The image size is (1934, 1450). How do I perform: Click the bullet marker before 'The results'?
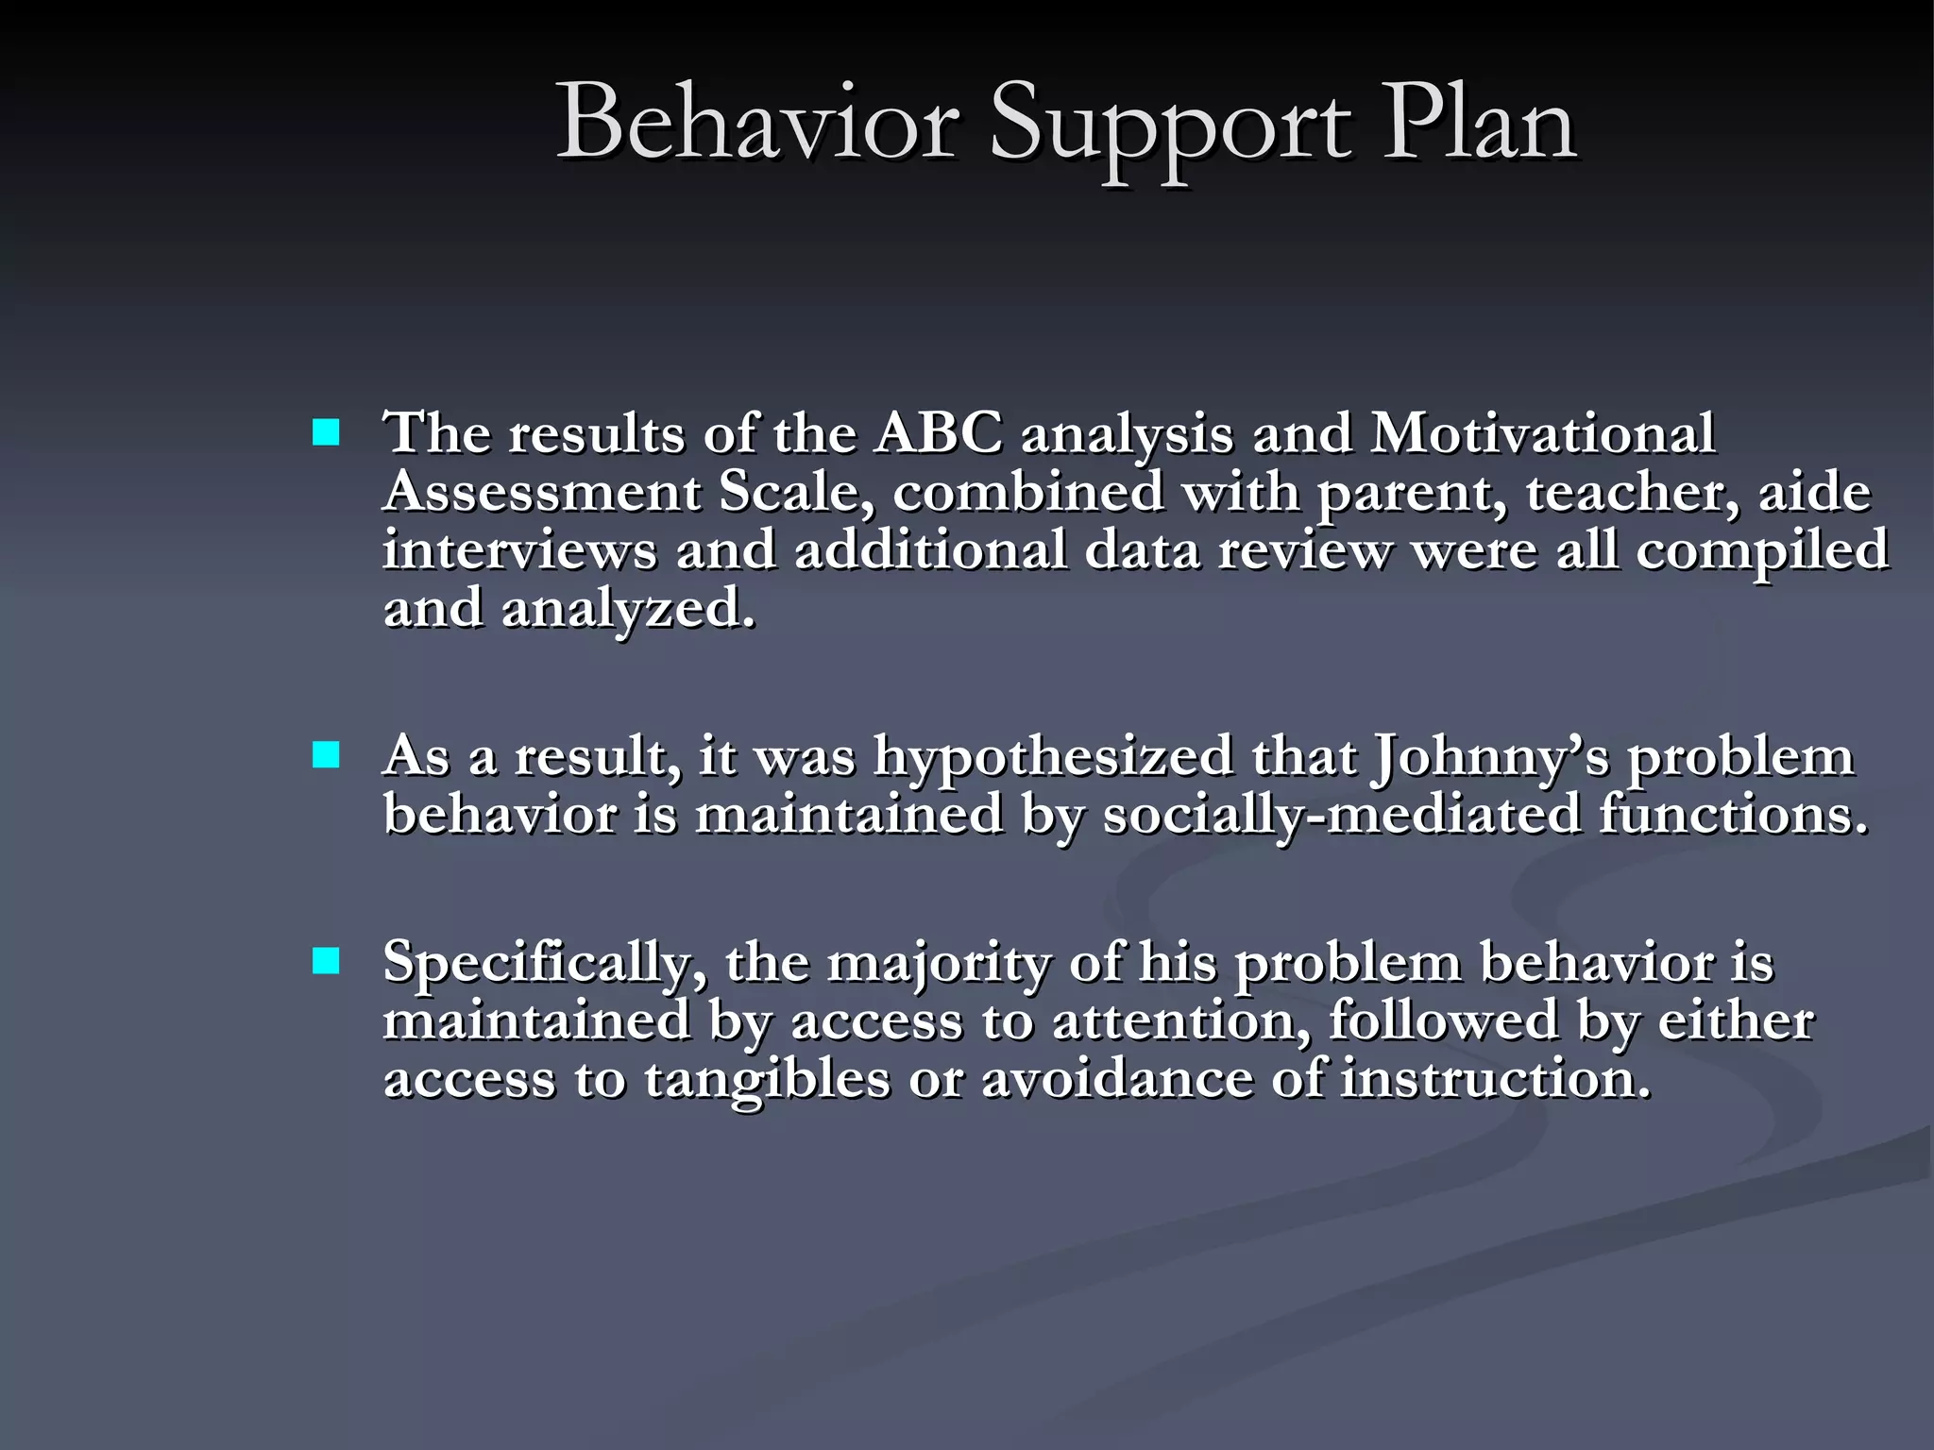326,433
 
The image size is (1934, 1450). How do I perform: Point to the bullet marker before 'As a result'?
326,755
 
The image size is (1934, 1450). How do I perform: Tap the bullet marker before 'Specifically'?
326,961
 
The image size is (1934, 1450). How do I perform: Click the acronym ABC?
938,433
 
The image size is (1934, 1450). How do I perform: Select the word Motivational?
1542,433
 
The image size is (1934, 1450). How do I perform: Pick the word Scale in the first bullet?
796,492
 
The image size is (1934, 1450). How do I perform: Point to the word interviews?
519,550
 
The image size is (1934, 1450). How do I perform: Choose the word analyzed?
629,609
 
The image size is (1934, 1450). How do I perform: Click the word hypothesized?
1053,757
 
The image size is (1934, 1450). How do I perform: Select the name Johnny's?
1490,757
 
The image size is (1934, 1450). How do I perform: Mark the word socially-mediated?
1341,815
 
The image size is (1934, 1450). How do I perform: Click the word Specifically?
544,964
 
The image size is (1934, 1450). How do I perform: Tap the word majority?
939,964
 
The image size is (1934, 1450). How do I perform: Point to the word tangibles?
767,1079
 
